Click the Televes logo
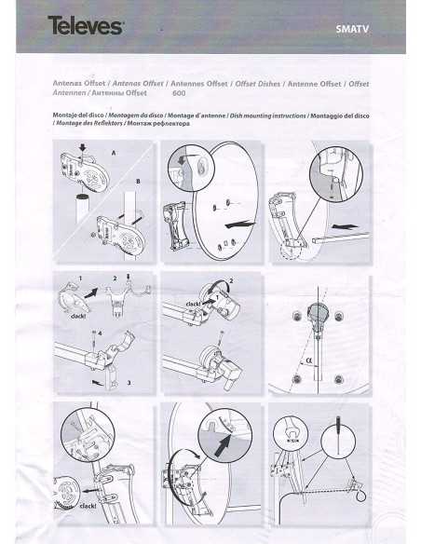(x=86, y=27)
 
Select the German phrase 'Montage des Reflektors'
(x=88, y=122)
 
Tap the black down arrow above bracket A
(x=85, y=145)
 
